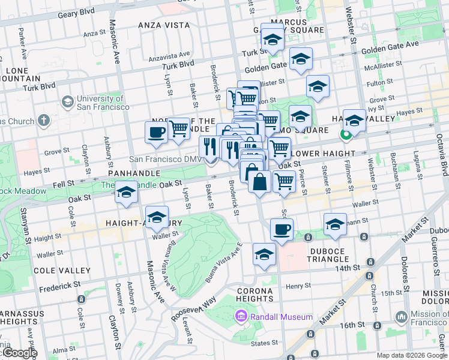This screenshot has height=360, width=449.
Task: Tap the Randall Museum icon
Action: pyautogui.click(x=241, y=316)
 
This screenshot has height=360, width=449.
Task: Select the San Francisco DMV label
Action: pyautogui.click(x=163, y=159)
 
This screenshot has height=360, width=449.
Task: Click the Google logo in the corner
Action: pyautogui.click(x=19, y=353)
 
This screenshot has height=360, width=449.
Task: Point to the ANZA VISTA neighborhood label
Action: pyautogui.click(x=164, y=25)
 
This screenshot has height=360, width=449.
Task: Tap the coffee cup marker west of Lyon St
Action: pyautogui.click(x=156, y=132)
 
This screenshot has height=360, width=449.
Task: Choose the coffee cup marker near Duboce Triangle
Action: pyautogui.click(x=281, y=229)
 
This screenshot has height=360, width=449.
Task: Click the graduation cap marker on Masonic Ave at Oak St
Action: pyautogui.click(x=127, y=193)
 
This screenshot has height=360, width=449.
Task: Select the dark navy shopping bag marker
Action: pyautogui.click(x=259, y=182)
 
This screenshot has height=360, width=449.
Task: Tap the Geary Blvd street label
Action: pyautogui.click(x=77, y=11)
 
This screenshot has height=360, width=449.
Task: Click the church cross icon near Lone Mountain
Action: pyautogui.click(x=43, y=121)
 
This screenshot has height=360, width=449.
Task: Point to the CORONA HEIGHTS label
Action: pyautogui.click(x=255, y=294)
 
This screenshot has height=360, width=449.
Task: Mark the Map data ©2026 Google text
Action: pyautogui.click(x=411, y=355)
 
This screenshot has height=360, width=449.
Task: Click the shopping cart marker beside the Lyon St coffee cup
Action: pyautogui.click(x=178, y=128)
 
